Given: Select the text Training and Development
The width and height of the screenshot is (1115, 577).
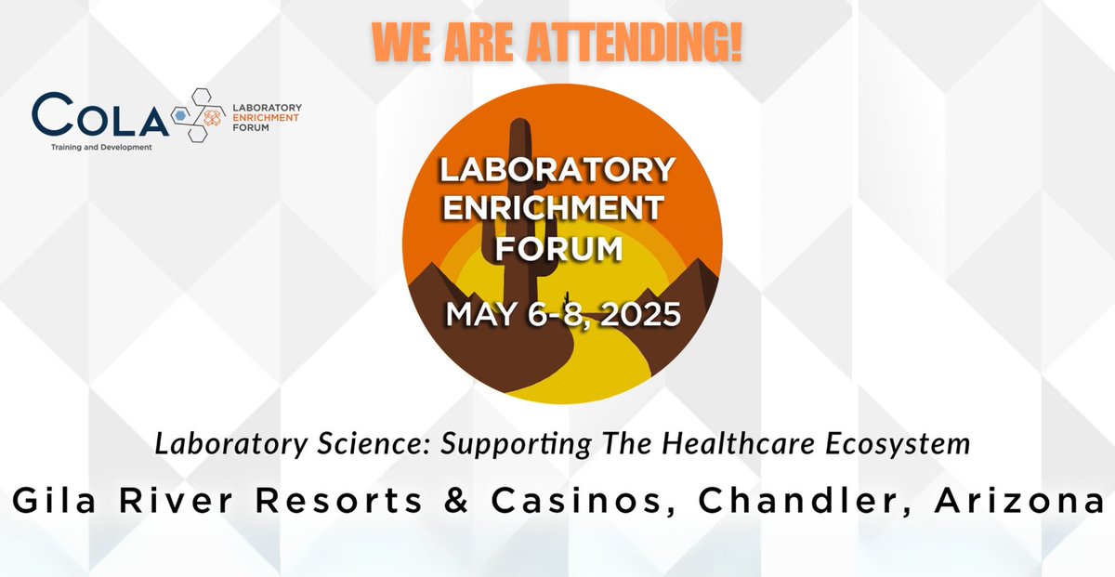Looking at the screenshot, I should pyautogui.click(x=101, y=146).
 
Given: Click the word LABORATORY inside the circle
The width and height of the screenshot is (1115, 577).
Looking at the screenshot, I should pyautogui.click(x=557, y=170).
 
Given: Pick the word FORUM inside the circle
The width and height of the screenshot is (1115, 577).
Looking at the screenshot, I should pyautogui.click(x=557, y=248).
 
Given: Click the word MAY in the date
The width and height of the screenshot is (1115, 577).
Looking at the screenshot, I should pyautogui.click(x=479, y=314).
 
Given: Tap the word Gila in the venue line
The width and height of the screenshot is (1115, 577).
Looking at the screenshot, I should pyautogui.click(x=51, y=501).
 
